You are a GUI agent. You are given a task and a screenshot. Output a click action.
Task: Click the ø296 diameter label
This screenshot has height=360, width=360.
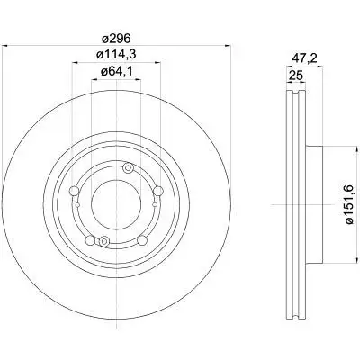[x=116, y=39]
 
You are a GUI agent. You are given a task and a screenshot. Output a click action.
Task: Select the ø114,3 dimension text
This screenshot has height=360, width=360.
[x=116, y=55]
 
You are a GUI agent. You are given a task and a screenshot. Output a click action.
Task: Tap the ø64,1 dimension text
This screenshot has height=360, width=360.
[x=116, y=72]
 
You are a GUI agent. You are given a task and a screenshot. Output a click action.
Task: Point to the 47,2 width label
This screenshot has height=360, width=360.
[x=305, y=58]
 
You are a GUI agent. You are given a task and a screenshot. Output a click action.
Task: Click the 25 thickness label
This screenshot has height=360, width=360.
[x=295, y=75]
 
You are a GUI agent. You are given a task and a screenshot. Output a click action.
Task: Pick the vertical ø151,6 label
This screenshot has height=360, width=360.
[x=350, y=205]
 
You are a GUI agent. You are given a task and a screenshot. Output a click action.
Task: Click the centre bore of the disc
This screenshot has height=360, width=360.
[x=116, y=204]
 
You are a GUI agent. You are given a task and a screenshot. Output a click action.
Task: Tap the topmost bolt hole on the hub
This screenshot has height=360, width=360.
[x=129, y=168]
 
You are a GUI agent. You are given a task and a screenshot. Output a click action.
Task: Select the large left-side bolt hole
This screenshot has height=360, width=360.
[x=74, y=191]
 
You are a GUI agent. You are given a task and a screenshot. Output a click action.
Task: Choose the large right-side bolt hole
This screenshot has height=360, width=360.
[x=158, y=191]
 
